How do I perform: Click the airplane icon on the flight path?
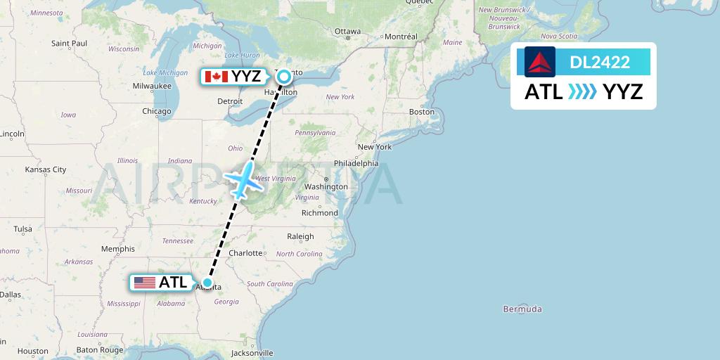pos(243,179)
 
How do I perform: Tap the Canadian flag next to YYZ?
pos(215,77)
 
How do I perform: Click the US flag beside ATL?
pos(144,283)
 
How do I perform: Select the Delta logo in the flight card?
pos(539,62)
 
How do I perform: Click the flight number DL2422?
pos(600,63)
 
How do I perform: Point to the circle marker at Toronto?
pos(283,77)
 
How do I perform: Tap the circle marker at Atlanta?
pos(207,283)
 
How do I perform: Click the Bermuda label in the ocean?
pos(522,309)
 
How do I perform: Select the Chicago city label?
pos(156,111)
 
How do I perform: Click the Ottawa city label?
pos(347,32)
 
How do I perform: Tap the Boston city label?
pos(422,112)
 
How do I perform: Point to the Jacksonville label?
pos(251,353)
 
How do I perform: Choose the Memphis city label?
pos(117,249)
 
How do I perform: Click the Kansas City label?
pos(46,169)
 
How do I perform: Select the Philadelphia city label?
pos(356,163)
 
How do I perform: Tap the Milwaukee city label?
pos(152,86)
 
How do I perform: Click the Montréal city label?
pos(401,37)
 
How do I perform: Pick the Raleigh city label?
pos(300,237)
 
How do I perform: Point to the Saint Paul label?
pos(69,44)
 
